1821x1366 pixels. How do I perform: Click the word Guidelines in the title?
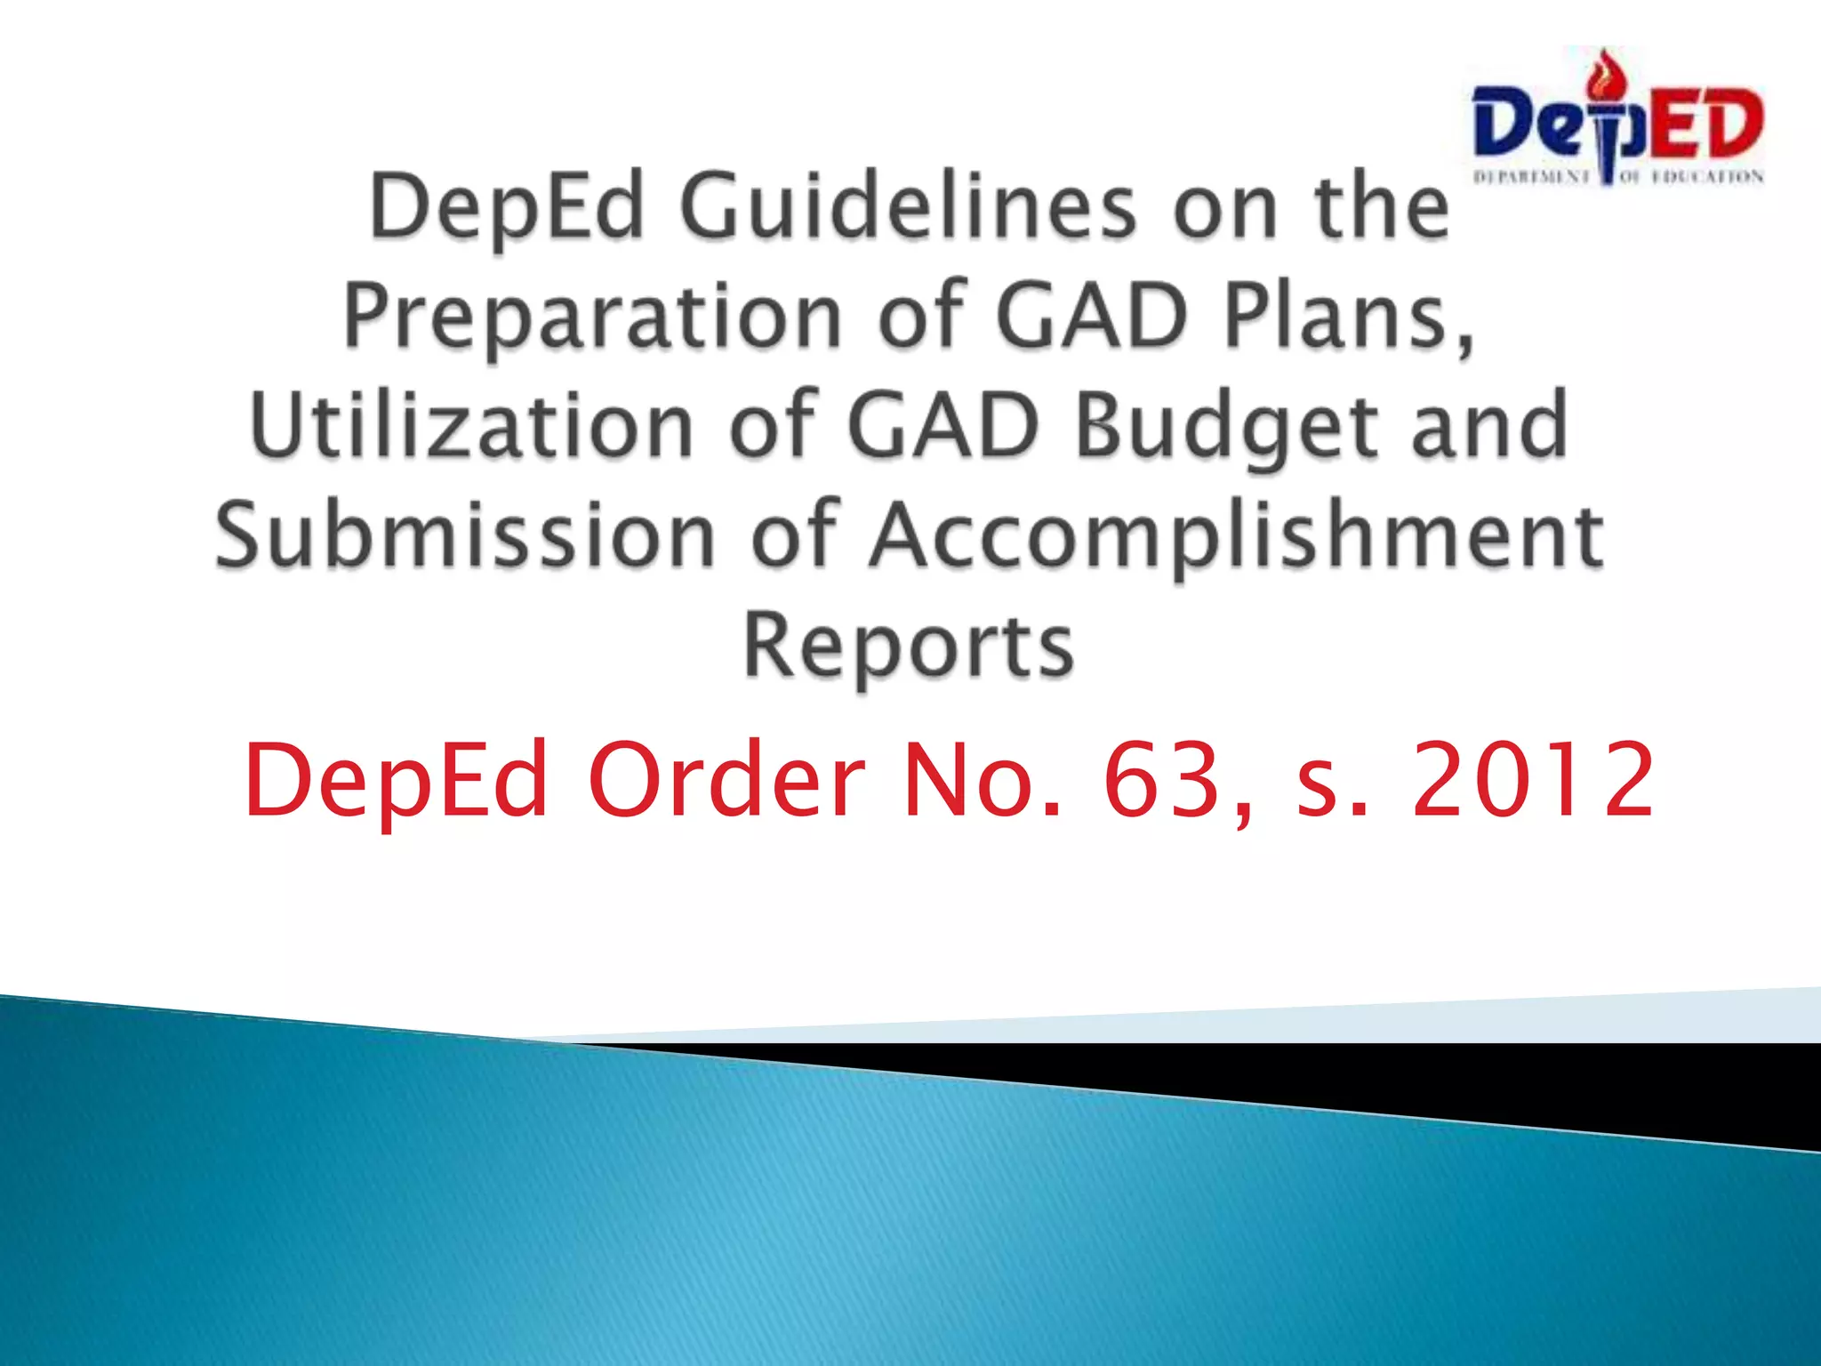pos(907,207)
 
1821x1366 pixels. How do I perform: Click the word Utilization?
pos(472,427)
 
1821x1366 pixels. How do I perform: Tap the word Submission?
pos(465,535)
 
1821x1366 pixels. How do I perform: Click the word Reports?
pos(909,646)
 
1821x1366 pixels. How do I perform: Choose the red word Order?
pos(726,780)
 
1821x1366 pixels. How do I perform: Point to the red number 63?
pos(1161,780)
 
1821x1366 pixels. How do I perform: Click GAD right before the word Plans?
pos(1092,316)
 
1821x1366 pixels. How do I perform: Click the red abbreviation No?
pos(982,780)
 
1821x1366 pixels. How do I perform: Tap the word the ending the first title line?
pos(1383,207)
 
